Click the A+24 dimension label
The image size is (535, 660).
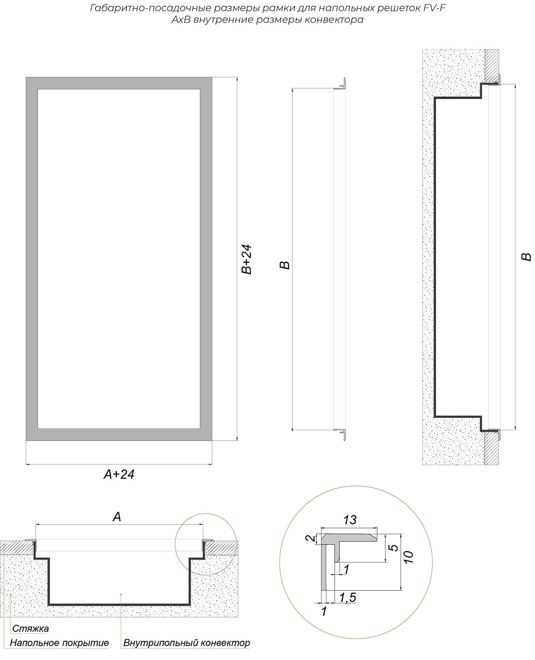[119, 474]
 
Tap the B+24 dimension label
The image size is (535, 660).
[247, 260]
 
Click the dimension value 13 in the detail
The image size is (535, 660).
[350, 520]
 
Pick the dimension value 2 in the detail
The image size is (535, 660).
[310, 538]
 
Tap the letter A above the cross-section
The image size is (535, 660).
[117, 517]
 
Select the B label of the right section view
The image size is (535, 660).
[527, 257]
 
